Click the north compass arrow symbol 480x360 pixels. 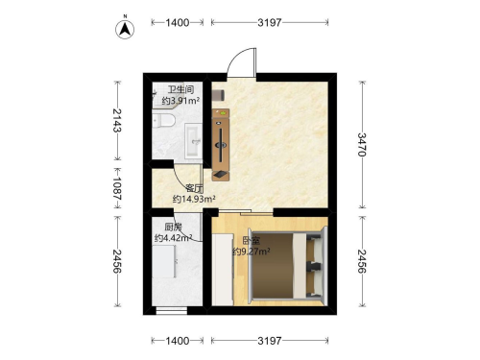[125, 29]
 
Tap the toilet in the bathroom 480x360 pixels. [163, 121]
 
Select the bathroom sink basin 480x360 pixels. [193, 141]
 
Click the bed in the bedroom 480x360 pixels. [286, 266]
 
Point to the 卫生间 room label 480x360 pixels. [180, 89]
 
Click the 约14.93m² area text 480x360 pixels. [194, 199]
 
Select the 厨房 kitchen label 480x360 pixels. [173, 228]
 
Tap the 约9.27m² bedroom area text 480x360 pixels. [252, 252]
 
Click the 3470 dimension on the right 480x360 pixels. [362, 145]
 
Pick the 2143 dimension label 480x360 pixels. [117, 120]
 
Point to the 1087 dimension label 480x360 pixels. [117, 189]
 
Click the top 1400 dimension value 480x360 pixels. [178, 22]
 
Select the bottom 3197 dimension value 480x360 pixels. [270, 341]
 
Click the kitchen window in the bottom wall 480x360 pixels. [172, 311]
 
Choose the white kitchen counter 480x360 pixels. [163, 261]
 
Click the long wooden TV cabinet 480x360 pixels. [221, 145]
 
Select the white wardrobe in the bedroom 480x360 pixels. [223, 269]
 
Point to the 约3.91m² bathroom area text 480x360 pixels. [180, 101]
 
